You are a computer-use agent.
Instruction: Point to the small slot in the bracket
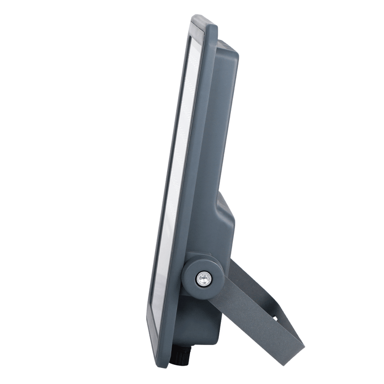pos(276,318)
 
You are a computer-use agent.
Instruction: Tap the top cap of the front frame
pos(204,22)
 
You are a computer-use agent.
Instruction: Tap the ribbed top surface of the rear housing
pos(226,45)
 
